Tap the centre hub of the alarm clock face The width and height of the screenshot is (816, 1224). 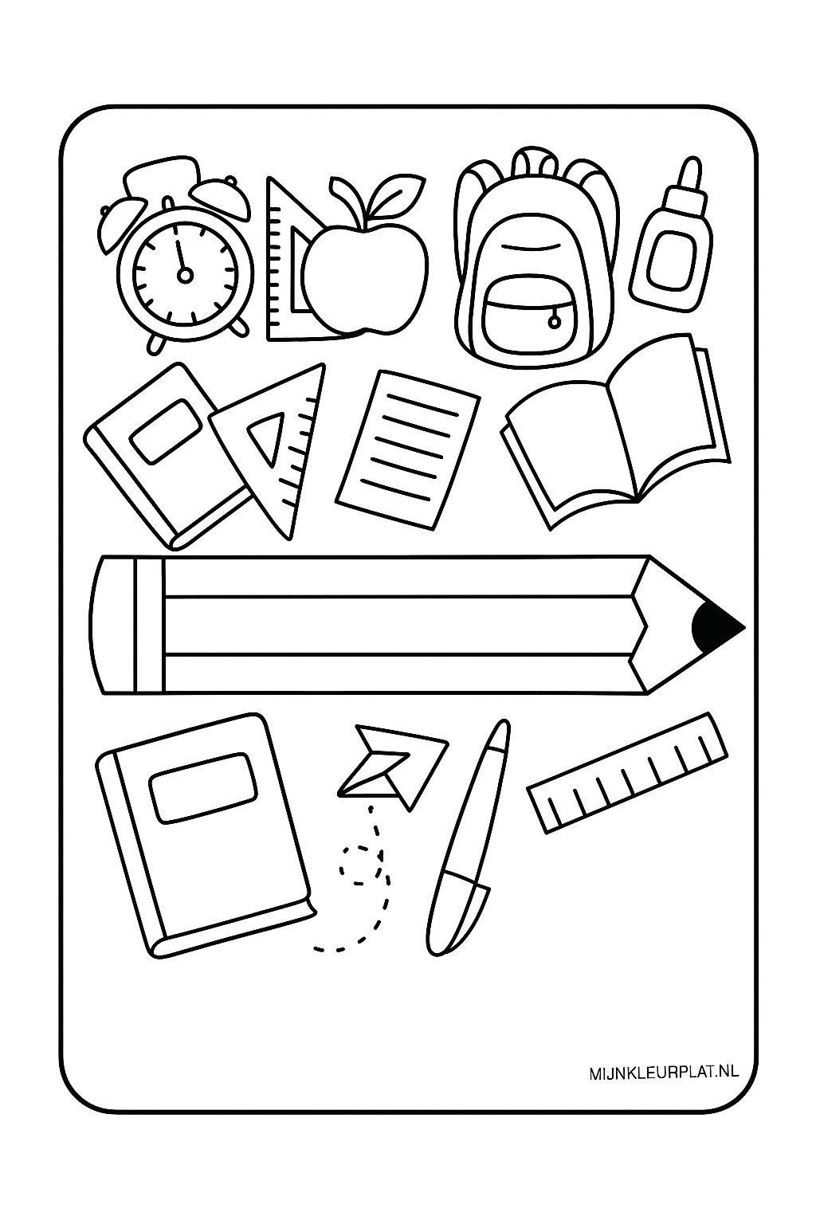(185, 276)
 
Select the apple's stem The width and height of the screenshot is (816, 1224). (367, 215)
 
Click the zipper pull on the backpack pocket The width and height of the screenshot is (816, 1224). (551, 320)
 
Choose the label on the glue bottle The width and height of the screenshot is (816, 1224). (669, 259)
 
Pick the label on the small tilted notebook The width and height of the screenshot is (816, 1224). (167, 430)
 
